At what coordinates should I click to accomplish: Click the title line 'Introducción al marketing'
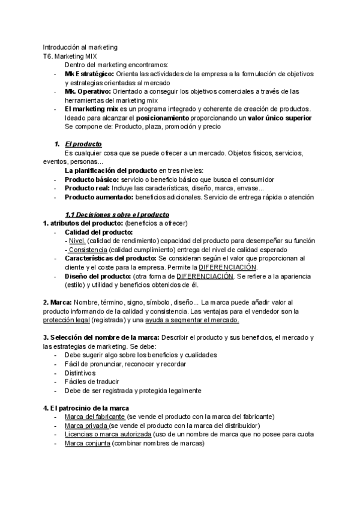pos(80,47)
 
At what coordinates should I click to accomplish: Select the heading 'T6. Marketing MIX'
pos(71,56)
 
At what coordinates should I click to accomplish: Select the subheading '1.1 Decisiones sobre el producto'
pos(117,214)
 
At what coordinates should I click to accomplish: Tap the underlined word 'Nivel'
pos(77,241)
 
